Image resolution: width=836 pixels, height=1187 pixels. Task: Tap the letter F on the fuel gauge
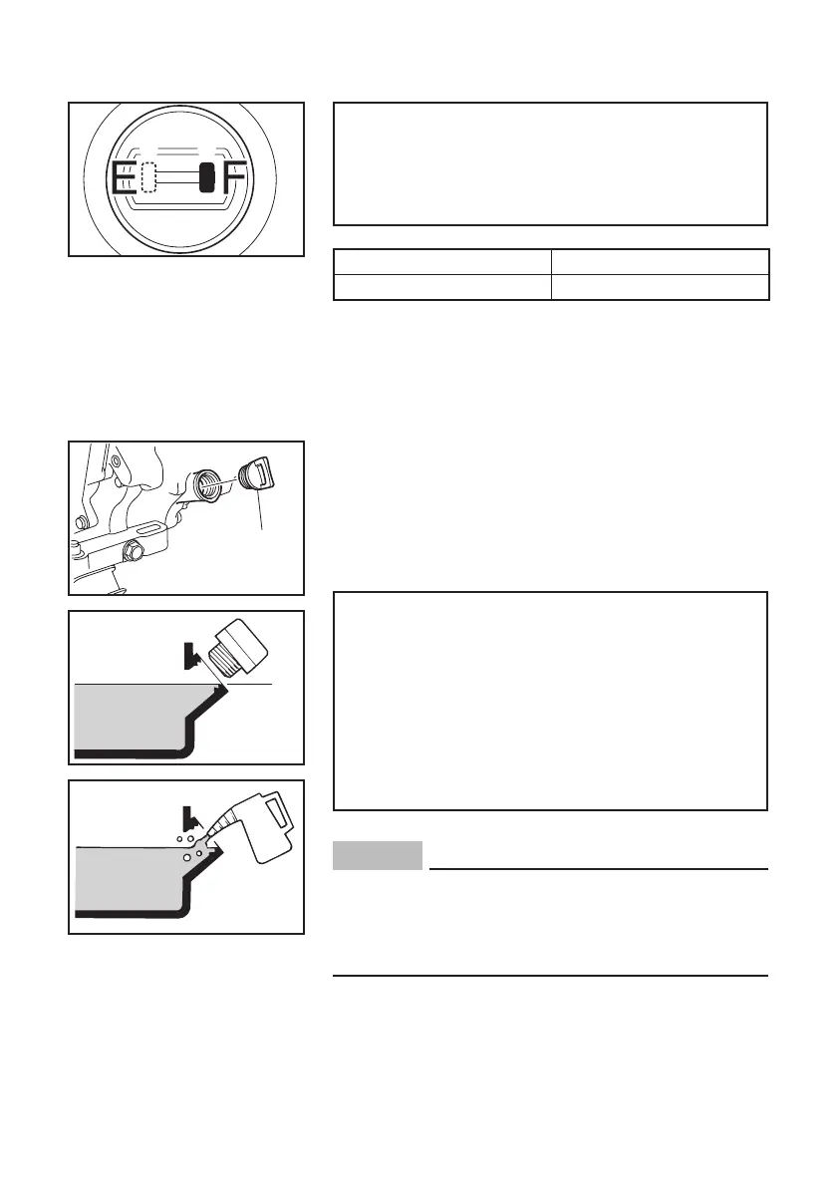234,178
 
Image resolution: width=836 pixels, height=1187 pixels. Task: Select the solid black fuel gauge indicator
206,177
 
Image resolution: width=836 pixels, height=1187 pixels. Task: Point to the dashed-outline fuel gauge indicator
149,177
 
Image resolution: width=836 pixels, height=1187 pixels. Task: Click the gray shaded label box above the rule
379,855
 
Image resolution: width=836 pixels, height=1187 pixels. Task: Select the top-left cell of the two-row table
441,261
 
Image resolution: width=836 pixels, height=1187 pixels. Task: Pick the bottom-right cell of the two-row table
660,287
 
